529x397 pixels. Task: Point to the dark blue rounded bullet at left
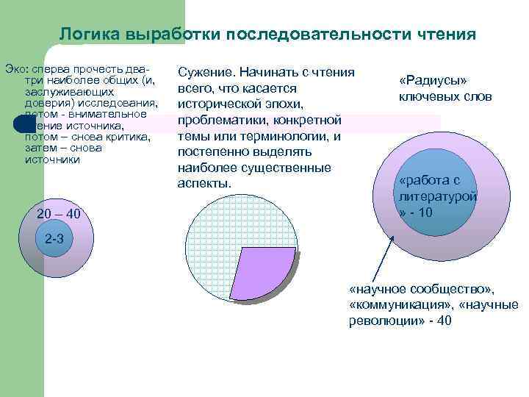(x=24, y=124)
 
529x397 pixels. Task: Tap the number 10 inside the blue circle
(x=426, y=212)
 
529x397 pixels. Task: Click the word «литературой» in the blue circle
(x=437, y=196)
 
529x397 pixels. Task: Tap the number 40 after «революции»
(x=445, y=321)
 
